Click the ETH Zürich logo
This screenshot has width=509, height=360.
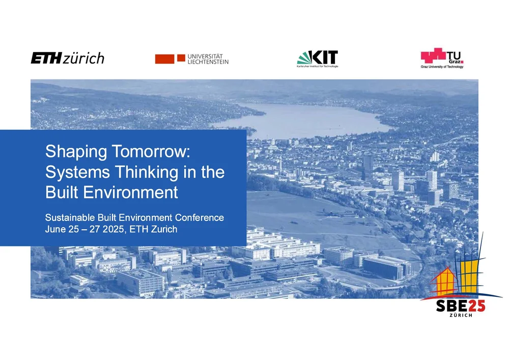coord(68,58)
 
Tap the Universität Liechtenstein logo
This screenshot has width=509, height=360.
coord(192,59)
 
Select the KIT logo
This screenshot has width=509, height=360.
coord(318,59)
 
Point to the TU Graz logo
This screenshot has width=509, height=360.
coord(442,59)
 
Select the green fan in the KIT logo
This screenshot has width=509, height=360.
coord(304,58)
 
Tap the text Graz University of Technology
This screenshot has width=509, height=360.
coord(442,67)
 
